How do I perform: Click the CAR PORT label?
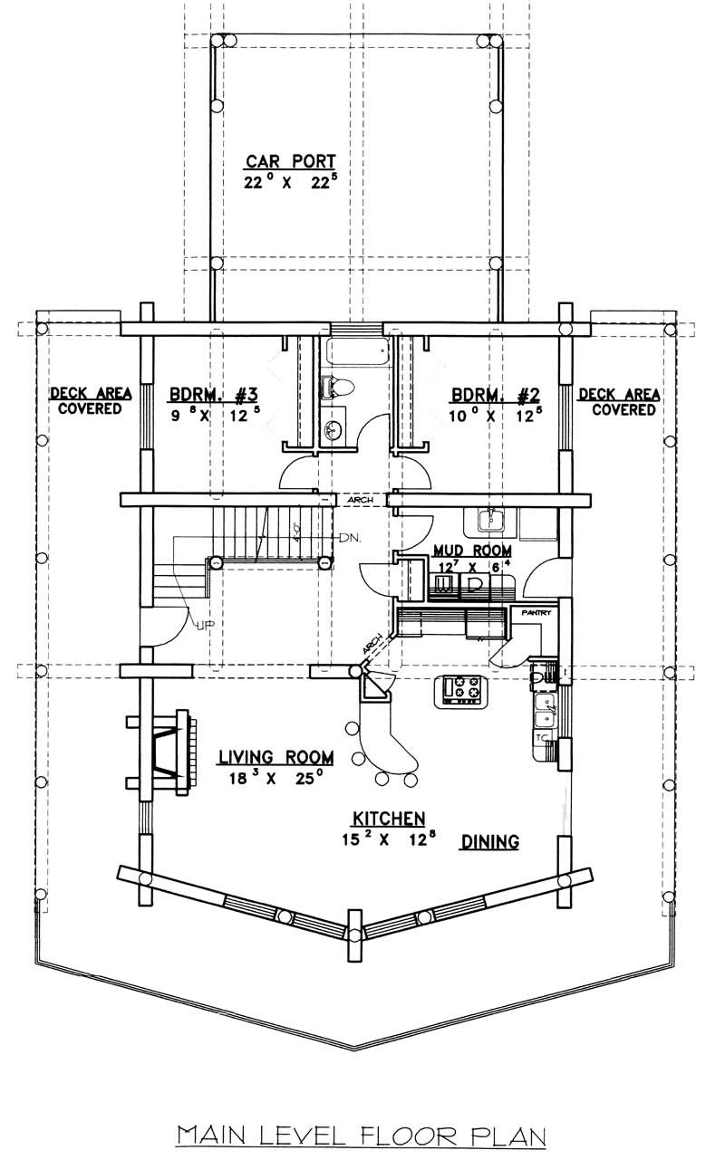(284, 162)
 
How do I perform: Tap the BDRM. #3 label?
(215, 395)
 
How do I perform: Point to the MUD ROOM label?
(471, 550)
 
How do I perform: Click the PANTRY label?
(531, 613)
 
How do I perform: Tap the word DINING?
(490, 841)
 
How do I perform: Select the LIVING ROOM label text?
(275, 757)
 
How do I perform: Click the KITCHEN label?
(389, 819)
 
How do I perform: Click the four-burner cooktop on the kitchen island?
(463, 690)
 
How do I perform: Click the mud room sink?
(493, 520)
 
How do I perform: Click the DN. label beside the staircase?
(350, 539)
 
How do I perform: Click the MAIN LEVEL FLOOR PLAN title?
(362, 1135)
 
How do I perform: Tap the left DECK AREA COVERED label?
(91, 401)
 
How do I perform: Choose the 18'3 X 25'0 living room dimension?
(275, 778)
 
